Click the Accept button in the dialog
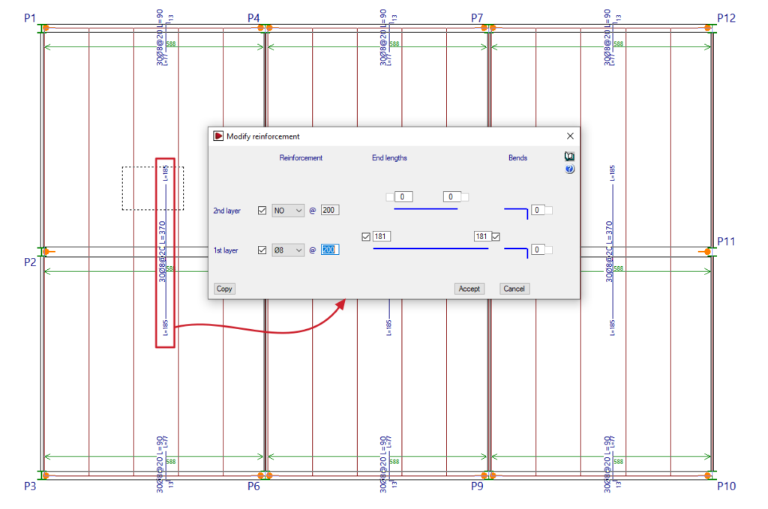pyautogui.click(x=469, y=289)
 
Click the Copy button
pyautogui.click(x=224, y=289)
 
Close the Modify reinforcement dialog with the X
pyautogui.click(x=570, y=136)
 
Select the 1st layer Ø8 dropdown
pyautogui.click(x=288, y=250)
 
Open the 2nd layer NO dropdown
pyautogui.click(x=288, y=211)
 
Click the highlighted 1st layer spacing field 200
pyautogui.click(x=330, y=250)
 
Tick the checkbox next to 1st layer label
pyautogui.click(x=262, y=250)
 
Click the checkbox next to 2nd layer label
pyautogui.click(x=262, y=211)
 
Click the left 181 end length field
pyautogui.click(x=381, y=236)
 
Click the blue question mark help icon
pyautogui.click(x=569, y=169)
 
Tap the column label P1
pyautogui.click(x=29, y=18)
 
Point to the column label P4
pyautogui.click(x=254, y=18)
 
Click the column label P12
pyautogui.click(x=727, y=18)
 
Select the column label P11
pyautogui.click(x=727, y=241)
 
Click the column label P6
pyautogui.click(x=254, y=486)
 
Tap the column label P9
pyautogui.click(x=478, y=486)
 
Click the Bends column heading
pyautogui.click(x=517, y=158)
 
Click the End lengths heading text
pyautogui.click(x=389, y=158)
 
